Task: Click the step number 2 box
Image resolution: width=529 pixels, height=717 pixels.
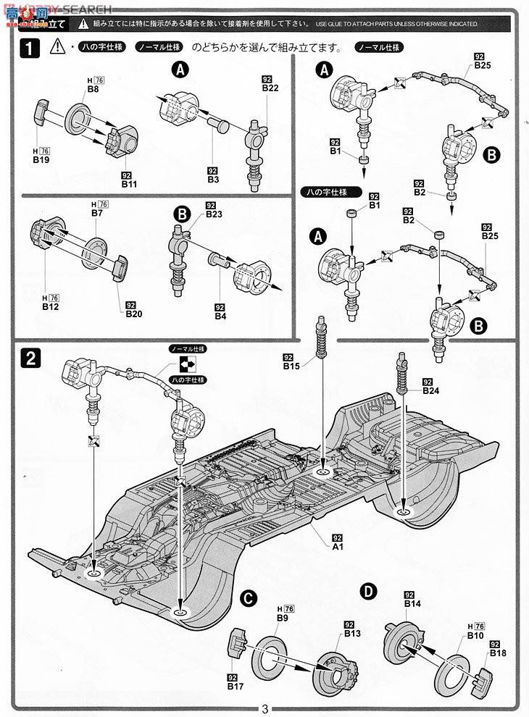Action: [x=30, y=357]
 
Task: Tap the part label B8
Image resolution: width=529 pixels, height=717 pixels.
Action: [x=93, y=88]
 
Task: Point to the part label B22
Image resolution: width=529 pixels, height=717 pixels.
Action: [x=270, y=88]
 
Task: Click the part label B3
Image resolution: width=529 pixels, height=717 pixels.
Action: [x=212, y=178]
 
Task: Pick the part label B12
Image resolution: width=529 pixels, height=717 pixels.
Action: [x=49, y=307]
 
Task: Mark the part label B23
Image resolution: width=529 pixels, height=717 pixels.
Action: [x=213, y=214]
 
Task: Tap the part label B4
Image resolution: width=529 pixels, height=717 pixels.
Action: [x=220, y=316]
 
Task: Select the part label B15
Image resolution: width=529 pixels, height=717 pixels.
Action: [x=291, y=366]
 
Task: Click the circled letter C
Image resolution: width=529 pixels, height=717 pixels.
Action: [x=247, y=597]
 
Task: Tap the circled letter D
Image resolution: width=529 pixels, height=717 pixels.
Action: [x=370, y=592]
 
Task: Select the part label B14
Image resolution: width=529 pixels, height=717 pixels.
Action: [x=412, y=603]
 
